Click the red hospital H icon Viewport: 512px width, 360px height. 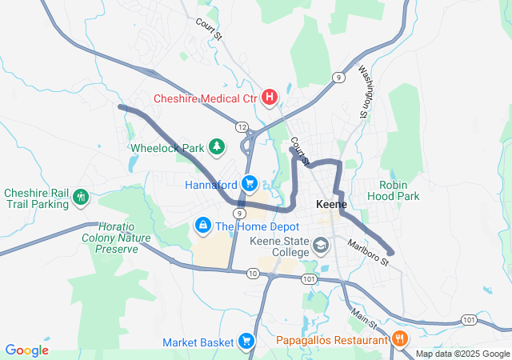point(270,98)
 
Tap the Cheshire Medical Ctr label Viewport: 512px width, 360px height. point(206,98)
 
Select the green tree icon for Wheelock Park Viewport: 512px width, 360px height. point(215,146)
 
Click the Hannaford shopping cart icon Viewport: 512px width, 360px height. point(250,183)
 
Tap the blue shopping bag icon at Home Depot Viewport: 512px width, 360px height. point(203,226)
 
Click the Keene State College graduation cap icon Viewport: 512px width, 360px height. point(321,245)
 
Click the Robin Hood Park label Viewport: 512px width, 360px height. point(399,190)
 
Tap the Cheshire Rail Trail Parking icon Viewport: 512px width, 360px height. point(79,197)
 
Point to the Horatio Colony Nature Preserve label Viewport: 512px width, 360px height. point(111,238)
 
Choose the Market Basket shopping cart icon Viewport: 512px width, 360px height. point(246,342)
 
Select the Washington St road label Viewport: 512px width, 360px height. point(364,91)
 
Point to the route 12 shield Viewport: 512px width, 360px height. point(241,126)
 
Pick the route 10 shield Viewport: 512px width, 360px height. point(253,274)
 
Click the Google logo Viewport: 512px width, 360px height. point(27,350)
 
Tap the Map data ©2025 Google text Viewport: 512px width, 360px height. point(462,354)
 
